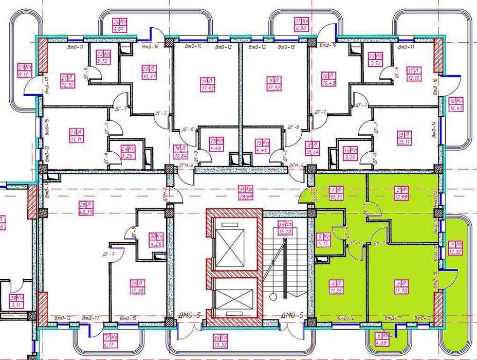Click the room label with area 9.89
(x=119, y=26)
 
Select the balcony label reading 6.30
(x=301, y=25)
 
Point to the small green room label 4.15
(x=323, y=240)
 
